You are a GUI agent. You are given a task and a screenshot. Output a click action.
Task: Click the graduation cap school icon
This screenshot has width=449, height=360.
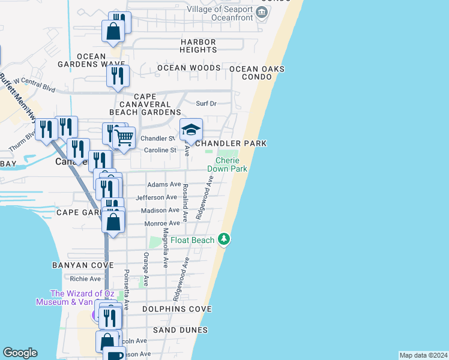point(191,130)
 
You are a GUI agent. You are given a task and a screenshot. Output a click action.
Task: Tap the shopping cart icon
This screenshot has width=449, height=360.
point(124,137)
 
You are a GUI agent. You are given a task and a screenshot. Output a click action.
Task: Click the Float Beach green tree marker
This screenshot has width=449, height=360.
point(224,239)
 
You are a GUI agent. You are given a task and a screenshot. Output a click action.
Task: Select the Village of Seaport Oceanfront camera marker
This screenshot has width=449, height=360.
point(262,12)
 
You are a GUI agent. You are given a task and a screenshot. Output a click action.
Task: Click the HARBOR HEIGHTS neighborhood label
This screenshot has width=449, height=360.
point(198,46)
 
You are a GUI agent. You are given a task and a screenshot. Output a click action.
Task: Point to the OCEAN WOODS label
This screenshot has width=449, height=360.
point(189,68)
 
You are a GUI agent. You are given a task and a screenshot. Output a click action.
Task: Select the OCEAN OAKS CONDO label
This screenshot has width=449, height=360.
point(257,73)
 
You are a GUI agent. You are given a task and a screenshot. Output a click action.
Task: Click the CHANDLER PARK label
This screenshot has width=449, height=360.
point(231,144)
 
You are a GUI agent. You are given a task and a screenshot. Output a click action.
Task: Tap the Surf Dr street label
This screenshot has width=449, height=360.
point(206,103)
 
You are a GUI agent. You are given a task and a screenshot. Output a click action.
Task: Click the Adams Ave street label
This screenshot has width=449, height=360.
point(164,184)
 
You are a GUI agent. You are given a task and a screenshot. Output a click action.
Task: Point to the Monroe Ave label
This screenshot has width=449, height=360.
point(161,223)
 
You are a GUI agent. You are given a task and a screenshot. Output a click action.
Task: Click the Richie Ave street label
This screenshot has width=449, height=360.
point(85,278)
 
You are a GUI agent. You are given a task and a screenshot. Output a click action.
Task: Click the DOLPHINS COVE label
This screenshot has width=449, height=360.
point(177,309)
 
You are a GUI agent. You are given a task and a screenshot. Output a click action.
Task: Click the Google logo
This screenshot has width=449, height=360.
point(20,353)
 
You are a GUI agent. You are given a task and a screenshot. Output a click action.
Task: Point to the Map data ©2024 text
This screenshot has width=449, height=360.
point(423,355)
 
